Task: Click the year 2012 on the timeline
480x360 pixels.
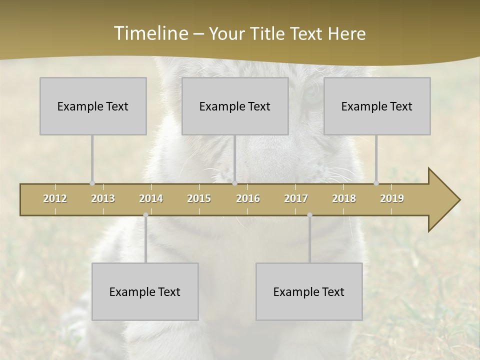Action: pos(55,198)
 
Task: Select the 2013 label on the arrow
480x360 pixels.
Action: pos(103,198)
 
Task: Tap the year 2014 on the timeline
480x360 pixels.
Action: pos(151,198)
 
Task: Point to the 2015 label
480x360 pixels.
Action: pos(199,198)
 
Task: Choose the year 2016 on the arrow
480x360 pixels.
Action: pos(248,198)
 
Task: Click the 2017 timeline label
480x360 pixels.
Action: pos(296,198)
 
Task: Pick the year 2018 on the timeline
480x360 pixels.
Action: pos(344,198)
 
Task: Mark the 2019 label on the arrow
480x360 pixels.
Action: pos(392,198)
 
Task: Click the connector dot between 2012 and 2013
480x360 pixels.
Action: pos(92,183)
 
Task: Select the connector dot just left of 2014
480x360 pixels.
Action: pos(145,215)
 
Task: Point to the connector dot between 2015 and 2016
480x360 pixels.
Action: pos(234,183)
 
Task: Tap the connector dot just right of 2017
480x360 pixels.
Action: pos(309,215)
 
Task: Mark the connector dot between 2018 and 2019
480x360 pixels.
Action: pos(376,183)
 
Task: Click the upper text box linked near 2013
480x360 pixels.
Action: pos(93,106)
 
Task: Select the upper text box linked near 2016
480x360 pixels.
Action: pos(235,106)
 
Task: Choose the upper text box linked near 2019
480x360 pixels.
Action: pos(377,106)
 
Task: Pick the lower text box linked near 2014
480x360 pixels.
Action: pos(145,291)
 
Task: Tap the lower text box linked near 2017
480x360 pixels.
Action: pos(309,291)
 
